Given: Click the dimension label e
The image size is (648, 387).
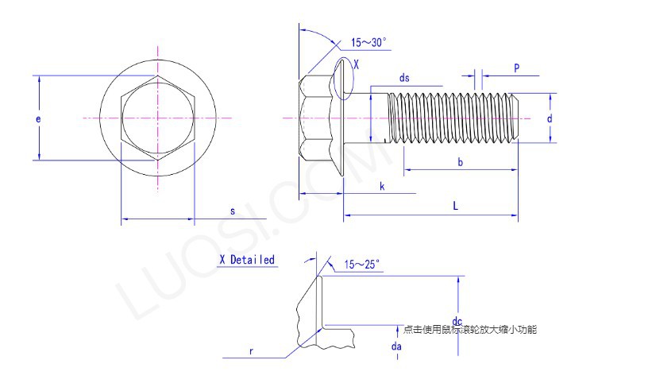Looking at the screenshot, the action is (38, 118).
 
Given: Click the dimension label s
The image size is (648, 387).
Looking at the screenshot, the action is (233, 211).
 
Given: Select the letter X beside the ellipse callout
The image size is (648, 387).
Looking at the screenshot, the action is (356, 65).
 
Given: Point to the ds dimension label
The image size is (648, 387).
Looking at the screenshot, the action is (404, 77).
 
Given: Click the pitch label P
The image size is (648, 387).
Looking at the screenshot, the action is (516, 68).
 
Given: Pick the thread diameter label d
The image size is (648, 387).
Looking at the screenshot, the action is (550, 118).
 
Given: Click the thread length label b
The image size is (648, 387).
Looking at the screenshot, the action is (460, 162).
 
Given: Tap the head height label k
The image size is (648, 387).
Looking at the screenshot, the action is (382, 186).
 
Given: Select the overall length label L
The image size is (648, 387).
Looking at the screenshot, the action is (455, 206).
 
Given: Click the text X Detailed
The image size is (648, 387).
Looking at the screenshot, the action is (247, 260).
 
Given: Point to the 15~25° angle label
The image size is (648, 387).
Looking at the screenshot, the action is (362, 264).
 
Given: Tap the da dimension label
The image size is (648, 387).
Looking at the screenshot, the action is (396, 346).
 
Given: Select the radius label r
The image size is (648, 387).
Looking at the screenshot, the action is (251, 350).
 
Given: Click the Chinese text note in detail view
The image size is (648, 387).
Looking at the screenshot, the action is (470, 329).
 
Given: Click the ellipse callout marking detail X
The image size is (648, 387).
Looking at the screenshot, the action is (343, 79).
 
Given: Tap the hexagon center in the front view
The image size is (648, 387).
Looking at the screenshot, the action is (158, 118).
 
